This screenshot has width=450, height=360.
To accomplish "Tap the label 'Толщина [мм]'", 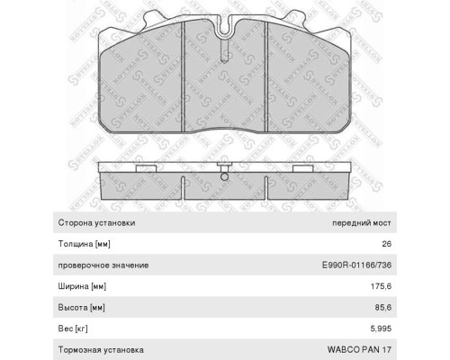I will pos(86,244).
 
